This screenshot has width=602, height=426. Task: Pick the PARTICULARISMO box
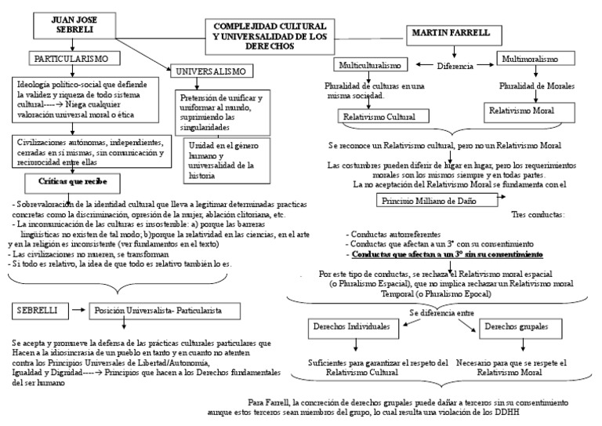76,58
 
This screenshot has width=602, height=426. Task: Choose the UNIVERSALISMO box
213,71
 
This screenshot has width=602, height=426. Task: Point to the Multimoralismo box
529,60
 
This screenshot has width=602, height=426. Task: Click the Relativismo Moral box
521,111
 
